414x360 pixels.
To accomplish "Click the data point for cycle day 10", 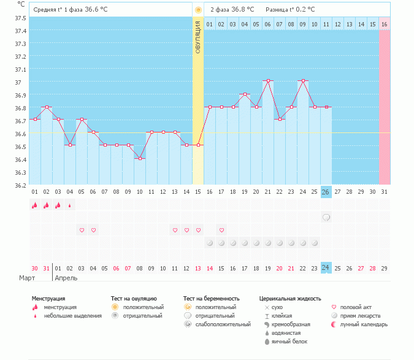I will click(x=140, y=158).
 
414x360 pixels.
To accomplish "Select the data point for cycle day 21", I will click(x=268, y=81).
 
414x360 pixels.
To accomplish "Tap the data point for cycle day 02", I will click(x=47, y=107).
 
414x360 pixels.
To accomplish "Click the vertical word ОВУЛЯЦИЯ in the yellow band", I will click(x=198, y=37).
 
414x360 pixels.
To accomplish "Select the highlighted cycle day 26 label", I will click(x=326, y=192).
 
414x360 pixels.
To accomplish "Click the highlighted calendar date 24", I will click(x=326, y=268).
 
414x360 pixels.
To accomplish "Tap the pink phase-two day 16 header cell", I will click(x=385, y=24).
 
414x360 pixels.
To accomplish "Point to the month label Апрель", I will click(x=66, y=278).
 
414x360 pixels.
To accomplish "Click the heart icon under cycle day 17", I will click(x=221, y=231).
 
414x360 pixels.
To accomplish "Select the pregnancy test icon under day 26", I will click(x=326, y=217).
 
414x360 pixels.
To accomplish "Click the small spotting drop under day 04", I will click(x=70, y=205).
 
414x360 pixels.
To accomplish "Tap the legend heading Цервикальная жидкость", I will click(x=290, y=299).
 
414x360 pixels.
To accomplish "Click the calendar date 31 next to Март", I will click(x=47, y=268).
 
